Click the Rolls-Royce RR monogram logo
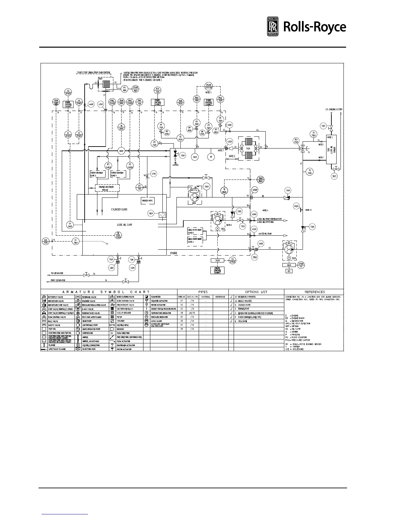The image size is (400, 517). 273,27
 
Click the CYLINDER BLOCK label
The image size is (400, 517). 119,209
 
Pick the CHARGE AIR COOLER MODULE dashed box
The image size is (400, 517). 107,188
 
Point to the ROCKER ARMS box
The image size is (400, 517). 148,200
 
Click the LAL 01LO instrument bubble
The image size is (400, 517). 46,241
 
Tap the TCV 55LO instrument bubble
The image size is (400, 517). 296,141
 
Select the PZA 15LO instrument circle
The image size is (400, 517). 158,91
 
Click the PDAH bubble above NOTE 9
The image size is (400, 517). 208,86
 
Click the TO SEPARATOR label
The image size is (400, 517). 57,273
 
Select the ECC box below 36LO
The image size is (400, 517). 289,271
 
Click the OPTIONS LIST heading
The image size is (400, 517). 256,292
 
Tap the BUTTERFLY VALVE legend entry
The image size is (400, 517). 56,297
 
